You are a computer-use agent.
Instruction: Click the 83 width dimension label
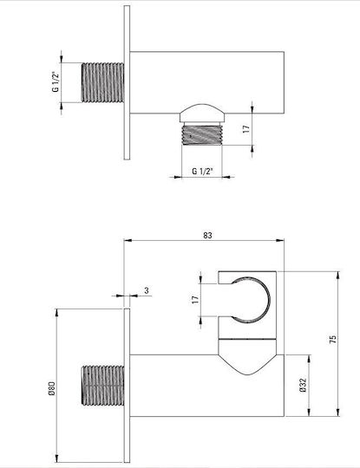point(207,235)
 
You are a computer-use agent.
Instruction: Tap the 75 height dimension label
point(332,340)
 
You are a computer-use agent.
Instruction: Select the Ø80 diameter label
point(51,388)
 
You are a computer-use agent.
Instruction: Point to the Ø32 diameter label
point(303,386)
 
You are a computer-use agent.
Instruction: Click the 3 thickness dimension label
point(147,290)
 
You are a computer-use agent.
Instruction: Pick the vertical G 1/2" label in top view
point(56,81)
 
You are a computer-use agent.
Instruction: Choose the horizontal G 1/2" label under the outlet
point(202,172)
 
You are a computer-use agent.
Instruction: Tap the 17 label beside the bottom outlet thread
point(245,129)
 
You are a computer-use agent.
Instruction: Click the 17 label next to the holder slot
point(195,300)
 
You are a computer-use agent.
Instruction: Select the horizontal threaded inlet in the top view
point(102,82)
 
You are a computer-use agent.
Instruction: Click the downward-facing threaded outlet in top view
point(202,135)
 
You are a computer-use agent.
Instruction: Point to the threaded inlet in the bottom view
point(102,386)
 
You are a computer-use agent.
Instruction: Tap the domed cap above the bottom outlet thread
point(202,113)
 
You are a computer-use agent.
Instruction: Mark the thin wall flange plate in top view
point(127,82)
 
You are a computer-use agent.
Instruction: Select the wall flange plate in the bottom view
point(127,386)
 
